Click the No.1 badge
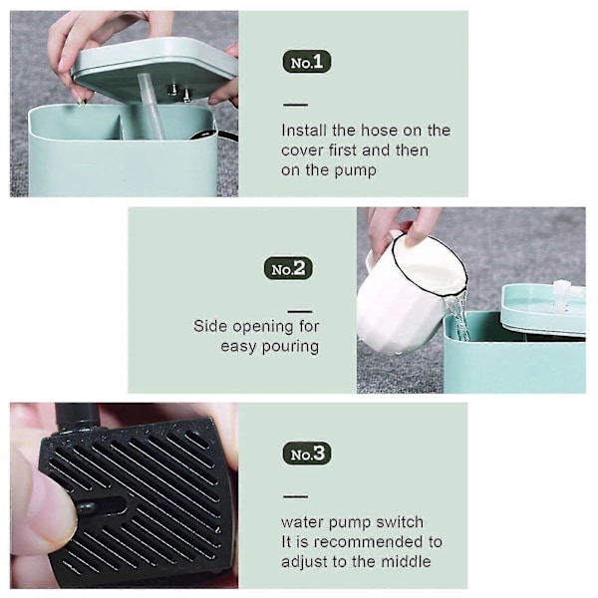[307, 62]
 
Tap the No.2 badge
[288, 268]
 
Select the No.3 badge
[307, 453]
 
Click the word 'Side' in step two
[210, 326]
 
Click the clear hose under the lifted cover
[151, 106]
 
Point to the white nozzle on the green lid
[565, 294]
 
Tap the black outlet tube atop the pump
[77, 417]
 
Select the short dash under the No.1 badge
[295, 105]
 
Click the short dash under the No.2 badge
[300, 312]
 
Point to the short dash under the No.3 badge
[296, 496]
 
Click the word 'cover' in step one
[302, 150]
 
